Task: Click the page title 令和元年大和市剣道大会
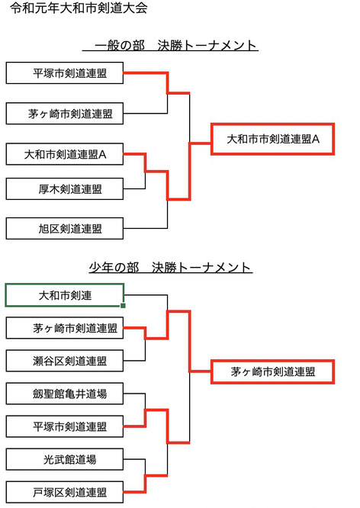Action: point(79,8)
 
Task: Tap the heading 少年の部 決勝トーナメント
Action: point(170,268)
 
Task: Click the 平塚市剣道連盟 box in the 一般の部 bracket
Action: point(65,73)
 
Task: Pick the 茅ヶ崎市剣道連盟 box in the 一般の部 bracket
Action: point(65,114)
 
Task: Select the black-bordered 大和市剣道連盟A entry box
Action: point(65,154)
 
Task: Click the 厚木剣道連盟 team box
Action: point(65,188)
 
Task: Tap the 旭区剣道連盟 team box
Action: point(65,228)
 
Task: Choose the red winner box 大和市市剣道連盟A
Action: point(272,139)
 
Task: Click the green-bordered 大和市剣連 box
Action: point(65,295)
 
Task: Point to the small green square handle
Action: point(123,306)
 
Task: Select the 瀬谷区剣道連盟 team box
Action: point(65,361)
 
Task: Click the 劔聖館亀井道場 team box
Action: point(65,394)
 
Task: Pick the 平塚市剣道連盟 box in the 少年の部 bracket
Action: point(65,426)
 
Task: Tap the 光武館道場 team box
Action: point(65,459)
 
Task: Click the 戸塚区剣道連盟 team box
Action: point(65,492)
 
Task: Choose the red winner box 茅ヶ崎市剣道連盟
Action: point(272,371)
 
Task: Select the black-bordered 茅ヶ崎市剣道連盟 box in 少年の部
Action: point(65,328)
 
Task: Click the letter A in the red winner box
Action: point(316,140)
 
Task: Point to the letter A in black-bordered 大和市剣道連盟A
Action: point(102,154)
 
